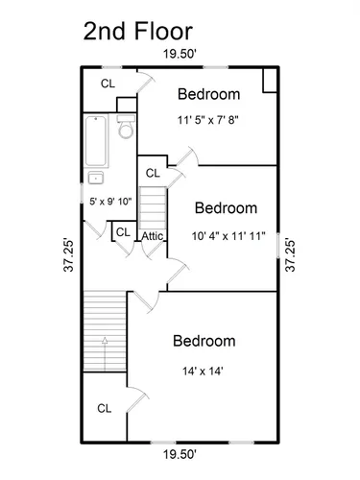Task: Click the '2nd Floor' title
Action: [x=138, y=32]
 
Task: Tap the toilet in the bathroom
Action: [x=126, y=127]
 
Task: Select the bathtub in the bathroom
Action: [x=96, y=141]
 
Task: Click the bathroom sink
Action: [x=96, y=178]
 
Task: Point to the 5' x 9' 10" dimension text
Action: [x=110, y=202]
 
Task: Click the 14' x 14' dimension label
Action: [x=203, y=372]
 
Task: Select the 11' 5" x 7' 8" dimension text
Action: [x=208, y=120]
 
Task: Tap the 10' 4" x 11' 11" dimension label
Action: [x=228, y=236]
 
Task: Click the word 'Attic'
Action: [x=153, y=236]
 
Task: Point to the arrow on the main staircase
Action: [x=105, y=353]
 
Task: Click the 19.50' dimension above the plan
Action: [x=180, y=54]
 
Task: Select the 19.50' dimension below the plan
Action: [x=180, y=454]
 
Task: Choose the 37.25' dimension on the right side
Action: [x=290, y=254]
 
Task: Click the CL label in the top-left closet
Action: [x=108, y=84]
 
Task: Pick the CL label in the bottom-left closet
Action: [x=105, y=408]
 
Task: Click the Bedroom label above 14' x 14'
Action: [x=204, y=341]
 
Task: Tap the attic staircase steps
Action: [x=153, y=208]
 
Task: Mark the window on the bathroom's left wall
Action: [x=82, y=193]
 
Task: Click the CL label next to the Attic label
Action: [x=123, y=232]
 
